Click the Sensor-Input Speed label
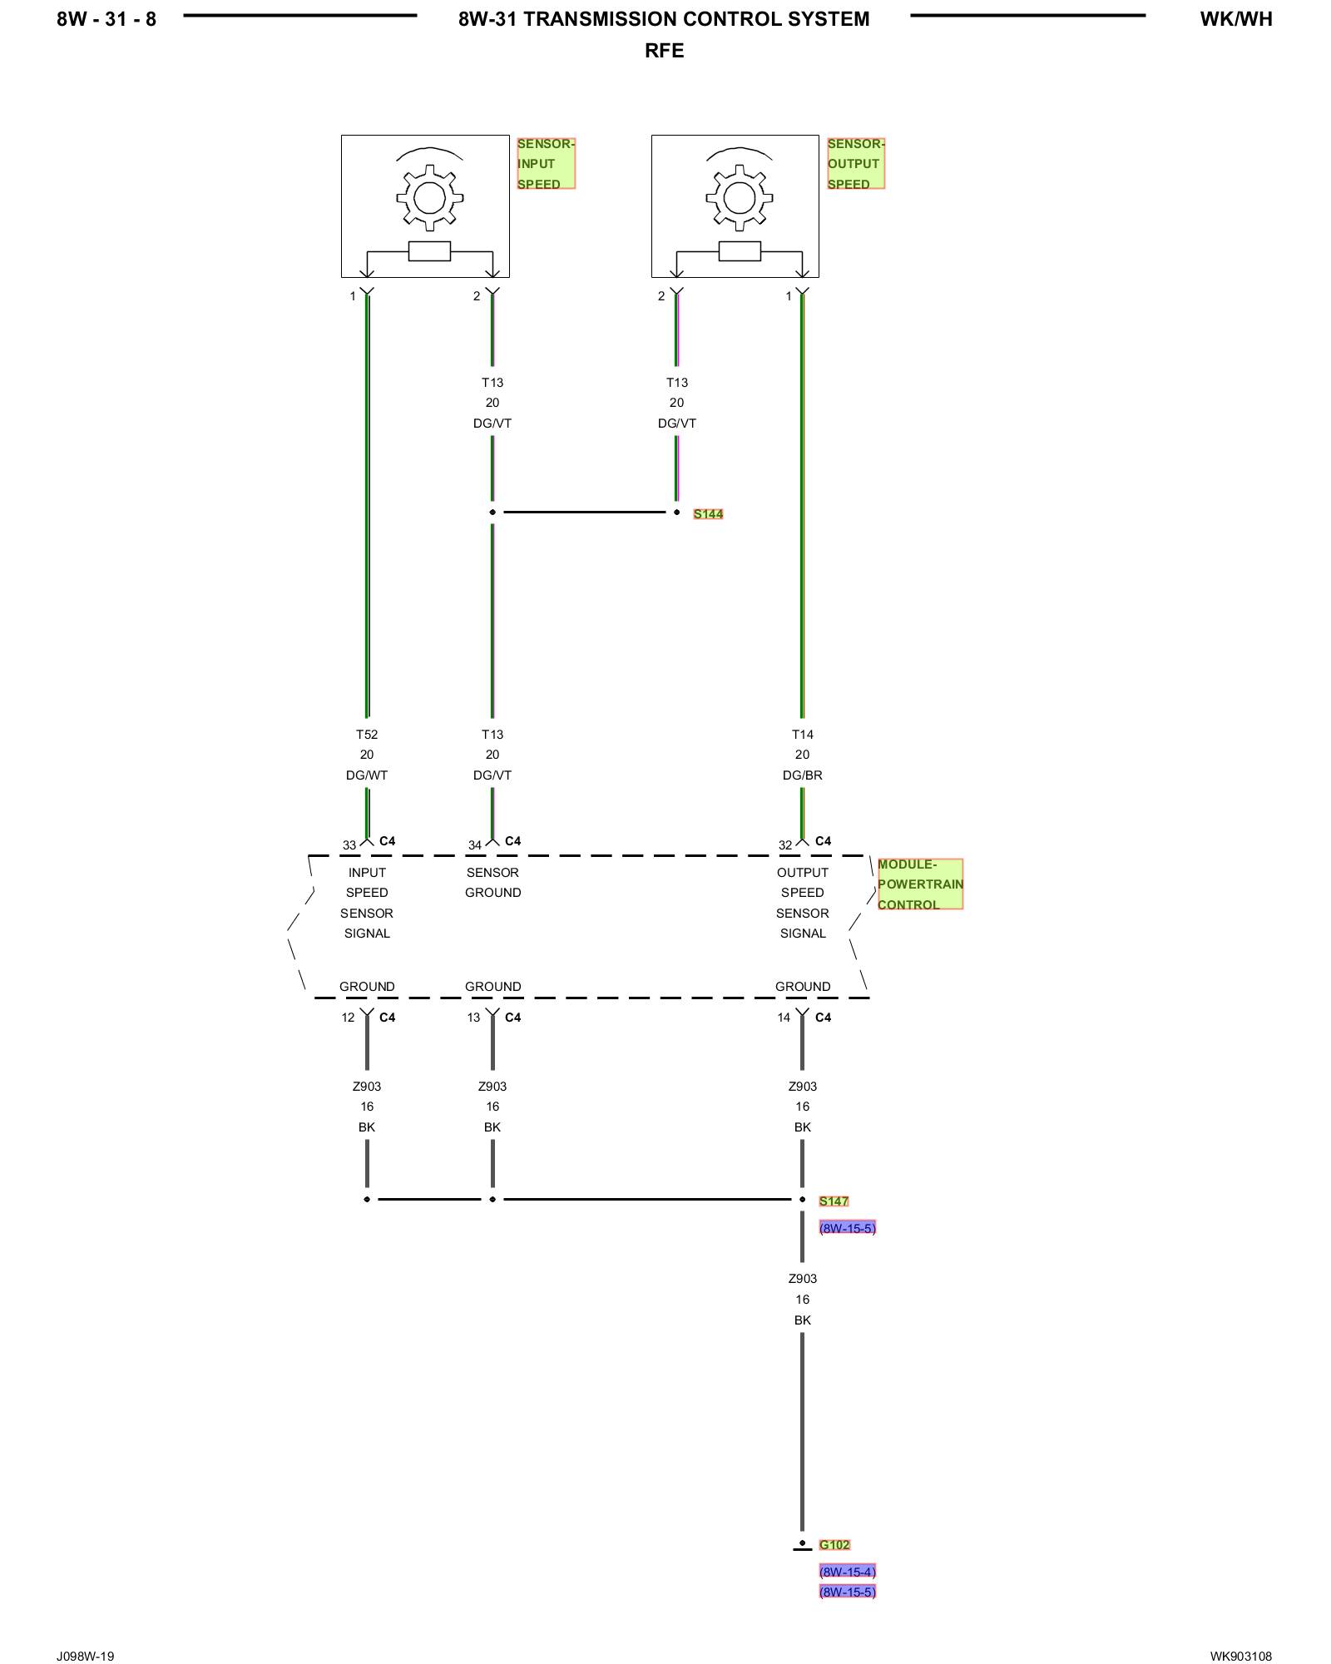[x=545, y=164]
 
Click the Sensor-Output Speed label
[x=855, y=164]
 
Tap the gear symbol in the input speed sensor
[x=429, y=197]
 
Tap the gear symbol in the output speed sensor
[x=740, y=197]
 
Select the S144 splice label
[x=708, y=514]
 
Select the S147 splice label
[x=834, y=1201]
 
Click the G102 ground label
[x=834, y=1545]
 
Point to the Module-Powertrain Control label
[x=920, y=884]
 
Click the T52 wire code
[x=367, y=735]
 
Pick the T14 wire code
[x=802, y=735]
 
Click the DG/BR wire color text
[x=802, y=775]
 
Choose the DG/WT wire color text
[x=367, y=775]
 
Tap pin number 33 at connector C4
[x=349, y=845]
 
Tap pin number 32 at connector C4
[x=785, y=845]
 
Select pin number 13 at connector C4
[x=473, y=1018]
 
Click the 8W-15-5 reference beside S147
[x=847, y=1228]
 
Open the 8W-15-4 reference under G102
[x=847, y=1572]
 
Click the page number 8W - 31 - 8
[x=106, y=19]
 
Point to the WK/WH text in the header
[x=1235, y=19]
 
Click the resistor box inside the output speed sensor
[x=740, y=250]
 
